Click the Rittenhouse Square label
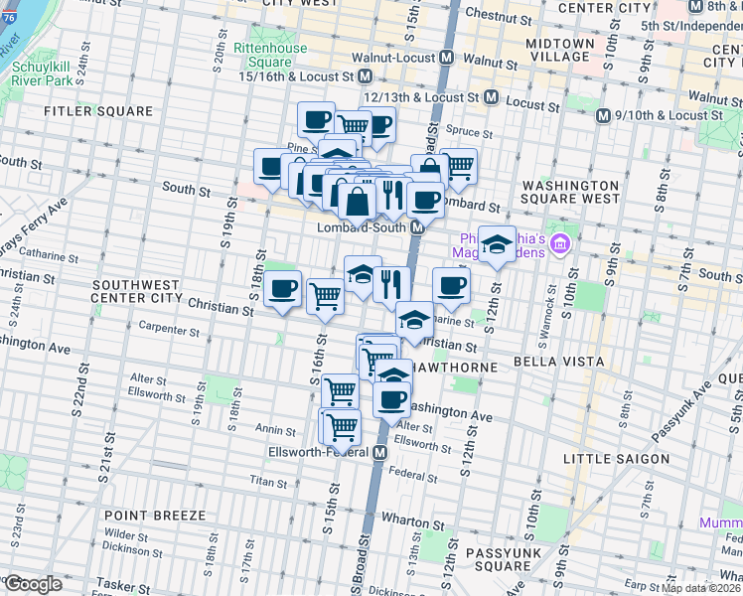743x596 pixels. coord(262,56)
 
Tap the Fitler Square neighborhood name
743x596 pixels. coord(97,111)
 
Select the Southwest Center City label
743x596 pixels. coord(135,290)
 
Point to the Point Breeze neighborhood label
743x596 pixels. coord(154,516)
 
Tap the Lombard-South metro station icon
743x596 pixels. coord(418,227)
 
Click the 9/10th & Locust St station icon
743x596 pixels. coord(602,116)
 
